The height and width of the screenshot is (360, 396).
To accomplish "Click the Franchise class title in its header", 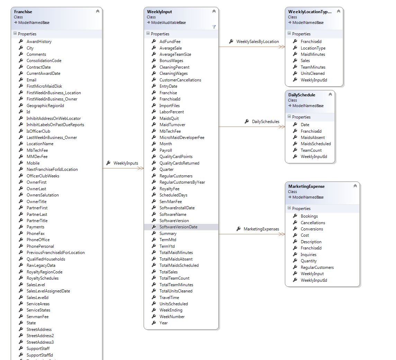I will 23,12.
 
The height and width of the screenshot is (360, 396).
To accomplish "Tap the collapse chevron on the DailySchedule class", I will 330,95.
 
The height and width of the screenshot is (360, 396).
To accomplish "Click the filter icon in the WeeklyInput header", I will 214,27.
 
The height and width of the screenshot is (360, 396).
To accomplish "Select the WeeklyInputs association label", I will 126,163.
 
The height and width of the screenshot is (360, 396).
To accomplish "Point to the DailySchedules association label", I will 265,122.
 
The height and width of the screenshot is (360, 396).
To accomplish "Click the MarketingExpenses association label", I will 261,229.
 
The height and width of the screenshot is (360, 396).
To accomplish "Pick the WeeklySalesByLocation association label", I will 257,42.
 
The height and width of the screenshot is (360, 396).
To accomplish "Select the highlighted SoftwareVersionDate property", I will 178,227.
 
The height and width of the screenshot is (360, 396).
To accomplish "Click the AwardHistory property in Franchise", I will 39,42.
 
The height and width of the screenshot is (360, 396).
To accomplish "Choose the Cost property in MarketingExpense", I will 305,235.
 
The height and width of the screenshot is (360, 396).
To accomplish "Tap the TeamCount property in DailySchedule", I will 311,150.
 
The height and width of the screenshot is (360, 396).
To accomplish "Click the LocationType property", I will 313,48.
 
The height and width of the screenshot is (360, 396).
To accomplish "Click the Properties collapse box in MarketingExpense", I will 289,208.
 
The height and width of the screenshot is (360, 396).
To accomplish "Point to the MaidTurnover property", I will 172,125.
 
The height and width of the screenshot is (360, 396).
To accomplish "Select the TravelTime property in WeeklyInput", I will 169,297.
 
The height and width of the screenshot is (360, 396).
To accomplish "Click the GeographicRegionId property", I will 45,106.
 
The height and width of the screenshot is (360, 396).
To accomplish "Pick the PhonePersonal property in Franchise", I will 40,246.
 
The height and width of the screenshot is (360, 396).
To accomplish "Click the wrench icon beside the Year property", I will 154,323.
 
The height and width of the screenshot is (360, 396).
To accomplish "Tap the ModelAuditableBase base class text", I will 168,23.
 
